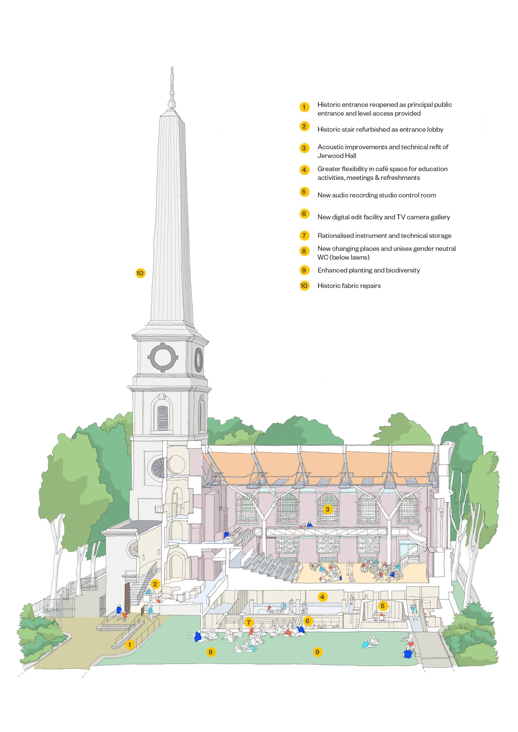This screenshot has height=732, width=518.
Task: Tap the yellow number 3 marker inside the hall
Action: pyautogui.click(x=327, y=509)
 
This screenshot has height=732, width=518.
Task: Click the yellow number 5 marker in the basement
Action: pyautogui.click(x=382, y=606)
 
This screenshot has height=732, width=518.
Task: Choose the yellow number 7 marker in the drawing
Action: pyautogui.click(x=249, y=622)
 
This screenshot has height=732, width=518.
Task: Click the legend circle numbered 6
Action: pyautogui.click(x=304, y=214)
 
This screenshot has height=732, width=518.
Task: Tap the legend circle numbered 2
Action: pyautogui.click(x=304, y=126)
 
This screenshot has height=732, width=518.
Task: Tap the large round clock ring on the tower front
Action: pyautogui.click(x=163, y=357)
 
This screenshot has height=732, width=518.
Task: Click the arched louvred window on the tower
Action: pyautogui.click(x=163, y=417)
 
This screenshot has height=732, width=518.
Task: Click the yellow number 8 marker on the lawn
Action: pyautogui.click(x=210, y=652)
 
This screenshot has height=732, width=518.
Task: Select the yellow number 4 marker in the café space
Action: pyautogui.click(x=322, y=597)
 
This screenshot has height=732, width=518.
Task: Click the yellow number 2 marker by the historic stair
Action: pyautogui.click(x=155, y=584)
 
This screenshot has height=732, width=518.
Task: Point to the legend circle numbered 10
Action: pyautogui.click(x=304, y=286)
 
